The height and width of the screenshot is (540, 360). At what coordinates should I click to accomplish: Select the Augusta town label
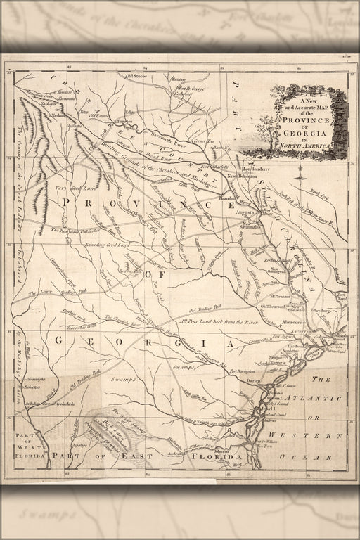(243, 210)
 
